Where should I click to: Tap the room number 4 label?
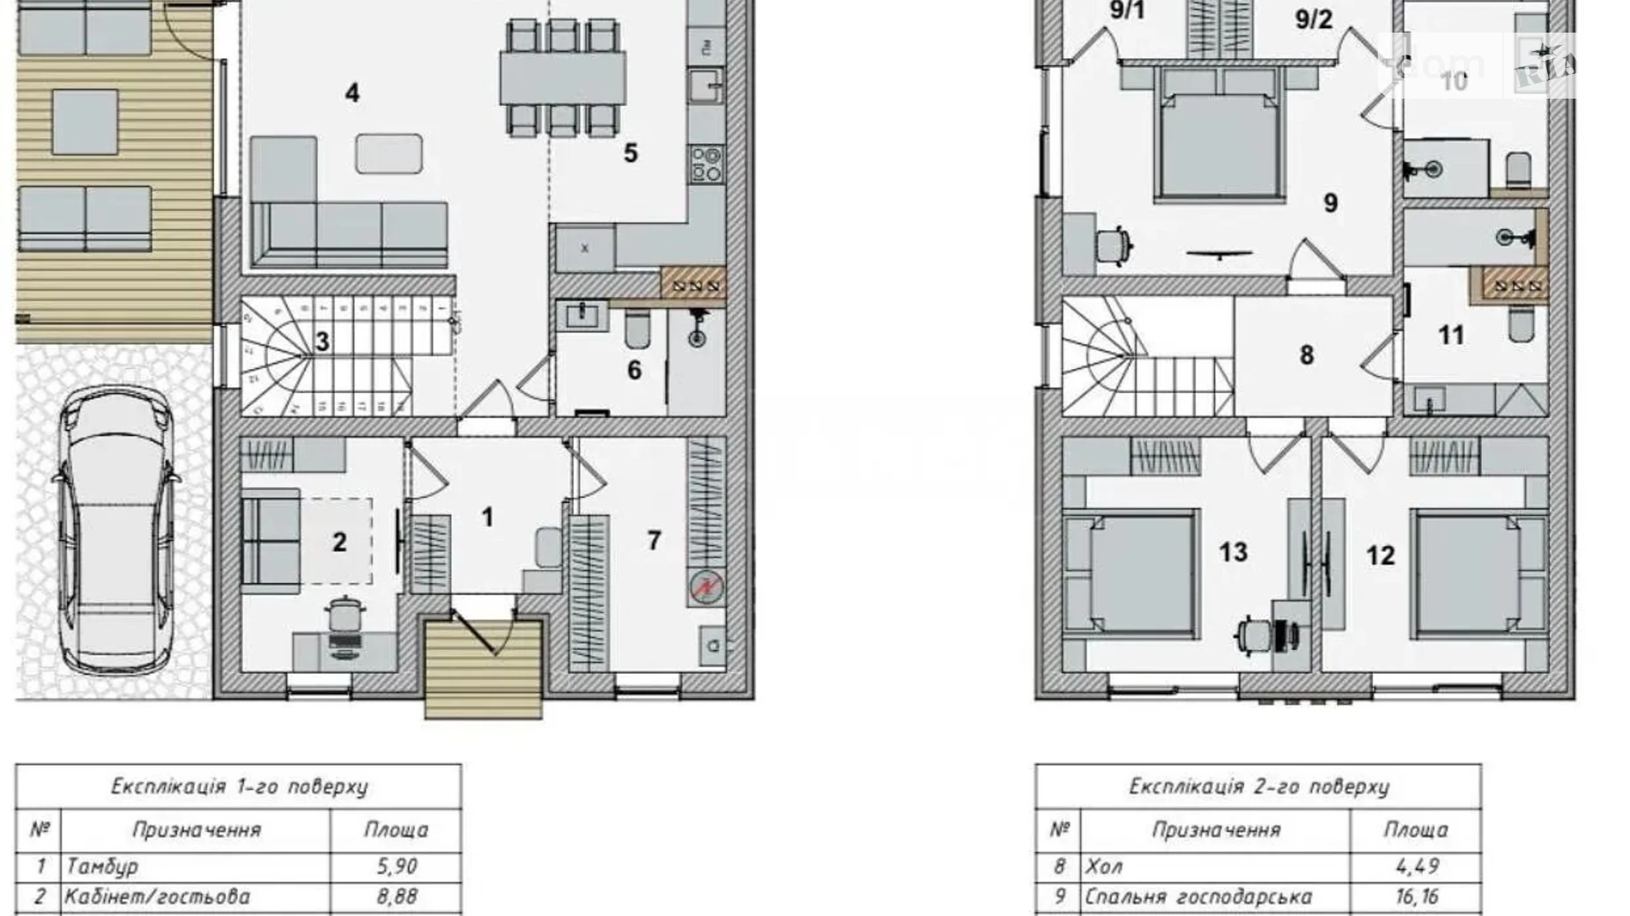coord(352,92)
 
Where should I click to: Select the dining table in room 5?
coord(562,78)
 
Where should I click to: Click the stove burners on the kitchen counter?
coord(706,165)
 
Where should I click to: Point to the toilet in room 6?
coord(637,330)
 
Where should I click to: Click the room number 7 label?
coord(654,540)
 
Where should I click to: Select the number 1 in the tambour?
coord(487,517)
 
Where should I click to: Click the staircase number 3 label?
coord(322,341)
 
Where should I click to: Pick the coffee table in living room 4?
coord(389,153)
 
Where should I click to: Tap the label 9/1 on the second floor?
coord(1127,11)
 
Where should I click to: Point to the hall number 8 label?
coord(1307,355)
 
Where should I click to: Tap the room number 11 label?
coord(1450,335)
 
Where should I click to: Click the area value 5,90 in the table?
coord(396,866)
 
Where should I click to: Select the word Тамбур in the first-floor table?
coord(102,866)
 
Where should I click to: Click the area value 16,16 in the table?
coord(1416,897)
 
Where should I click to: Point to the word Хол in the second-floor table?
coord(1104,866)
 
